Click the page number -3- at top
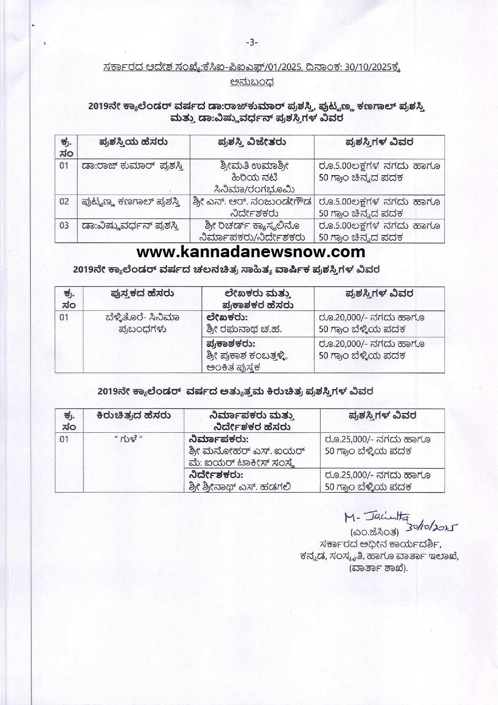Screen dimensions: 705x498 (x=252, y=42)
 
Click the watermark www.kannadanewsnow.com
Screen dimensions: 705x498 (x=251, y=252)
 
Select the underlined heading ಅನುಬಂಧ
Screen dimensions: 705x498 (x=251, y=82)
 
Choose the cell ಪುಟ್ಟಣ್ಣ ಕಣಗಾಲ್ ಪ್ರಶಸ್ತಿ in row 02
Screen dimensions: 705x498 (x=130, y=201)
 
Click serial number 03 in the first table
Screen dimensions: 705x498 (x=64, y=225)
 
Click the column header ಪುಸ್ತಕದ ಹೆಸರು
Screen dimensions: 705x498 (x=142, y=293)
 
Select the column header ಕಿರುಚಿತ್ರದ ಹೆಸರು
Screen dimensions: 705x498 (x=134, y=415)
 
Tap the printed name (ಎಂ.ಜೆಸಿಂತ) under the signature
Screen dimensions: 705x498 (x=374, y=532)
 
